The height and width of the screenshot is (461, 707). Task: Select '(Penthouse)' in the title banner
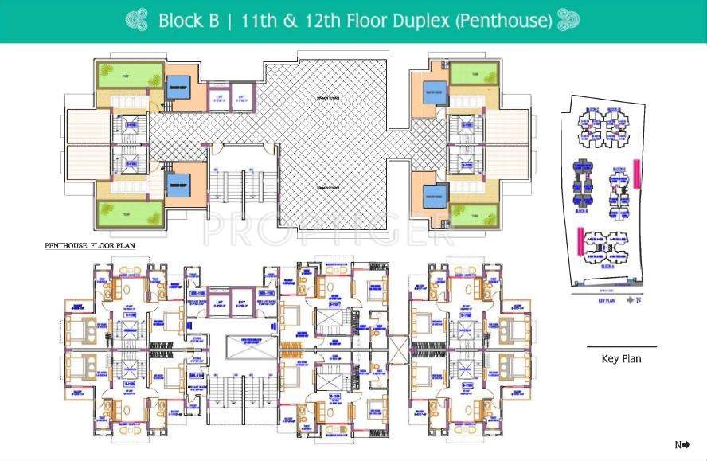pyautogui.click(x=503, y=21)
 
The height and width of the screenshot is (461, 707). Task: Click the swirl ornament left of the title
pyautogui.click(x=137, y=21)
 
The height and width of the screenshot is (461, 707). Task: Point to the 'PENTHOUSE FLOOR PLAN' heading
pyautogui.click(x=89, y=247)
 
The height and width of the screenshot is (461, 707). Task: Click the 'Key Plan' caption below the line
pyautogui.click(x=621, y=359)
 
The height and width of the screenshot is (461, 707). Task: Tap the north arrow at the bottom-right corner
pyautogui.click(x=682, y=445)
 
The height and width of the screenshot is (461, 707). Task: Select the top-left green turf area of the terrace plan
pyautogui.click(x=129, y=76)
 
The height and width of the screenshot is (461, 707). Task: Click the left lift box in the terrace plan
pyautogui.click(x=221, y=100)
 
